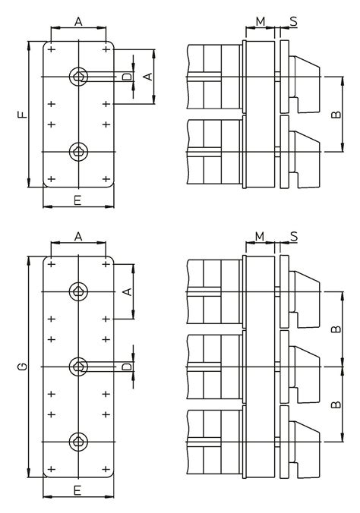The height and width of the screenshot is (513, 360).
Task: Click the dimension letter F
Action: click(x=22, y=115)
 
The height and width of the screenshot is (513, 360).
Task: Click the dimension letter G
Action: click(x=22, y=367)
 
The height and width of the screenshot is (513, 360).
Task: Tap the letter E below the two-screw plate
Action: click(x=77, y=200)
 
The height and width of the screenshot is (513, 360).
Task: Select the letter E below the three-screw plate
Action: click(x=77, y=490)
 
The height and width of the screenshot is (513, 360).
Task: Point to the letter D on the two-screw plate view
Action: click(x=127, y=77)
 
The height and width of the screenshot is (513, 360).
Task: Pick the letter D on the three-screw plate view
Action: click(x=127, y=367)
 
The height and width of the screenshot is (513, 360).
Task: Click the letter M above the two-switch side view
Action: click(x=260, y=21)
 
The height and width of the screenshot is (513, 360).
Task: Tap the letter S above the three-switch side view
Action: click(x=294, y=236)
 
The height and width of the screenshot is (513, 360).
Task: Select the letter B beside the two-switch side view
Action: click(x=336, y=115)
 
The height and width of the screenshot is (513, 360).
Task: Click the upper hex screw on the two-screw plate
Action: click(x=78, y=77)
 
